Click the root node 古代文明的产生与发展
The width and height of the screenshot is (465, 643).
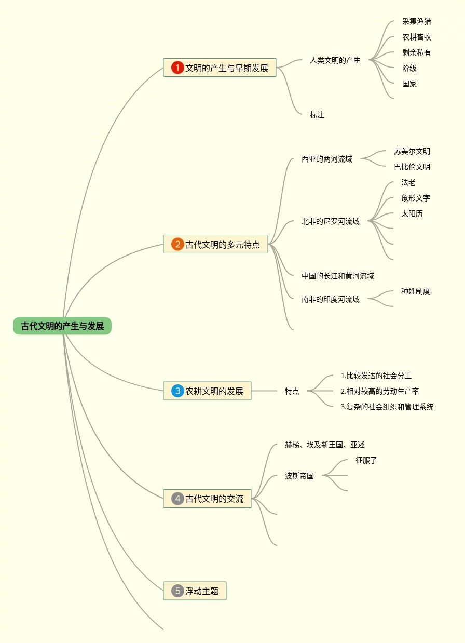(x=62, y=326)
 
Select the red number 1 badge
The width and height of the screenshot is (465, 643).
(x=177, y=68)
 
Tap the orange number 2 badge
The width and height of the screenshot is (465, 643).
(x=177, y=244)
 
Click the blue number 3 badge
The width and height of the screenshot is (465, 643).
(x=177, y=391)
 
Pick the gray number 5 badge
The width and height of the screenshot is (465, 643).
(x=177, y=591)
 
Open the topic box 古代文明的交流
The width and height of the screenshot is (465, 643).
(x=207, y=499)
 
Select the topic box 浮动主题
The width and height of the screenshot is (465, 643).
(x=195, y=591)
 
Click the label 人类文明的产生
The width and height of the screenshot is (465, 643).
(x=335, y=60)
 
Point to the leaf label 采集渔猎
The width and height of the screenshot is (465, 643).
(x=416, y=21)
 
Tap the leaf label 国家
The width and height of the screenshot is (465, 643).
(x=409, y=84)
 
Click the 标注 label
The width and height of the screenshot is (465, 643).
(x=317, y=115)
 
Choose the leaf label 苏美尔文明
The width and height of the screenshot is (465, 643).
(x=412, y=151)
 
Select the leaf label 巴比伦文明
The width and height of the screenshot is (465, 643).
(x=412, y=167)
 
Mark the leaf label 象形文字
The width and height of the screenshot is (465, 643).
(x=415, y=198)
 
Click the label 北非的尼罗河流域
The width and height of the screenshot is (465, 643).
(x=331, y=221)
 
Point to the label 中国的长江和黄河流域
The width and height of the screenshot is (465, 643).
(x=338, y=276)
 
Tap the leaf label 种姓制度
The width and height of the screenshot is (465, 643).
(x=415, y=291)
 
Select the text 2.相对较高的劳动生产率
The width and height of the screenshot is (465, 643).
(x=380, y=391)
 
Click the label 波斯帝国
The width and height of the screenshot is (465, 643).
(x=299, y=475)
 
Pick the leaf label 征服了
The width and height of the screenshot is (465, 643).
(x=366, y=460)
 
